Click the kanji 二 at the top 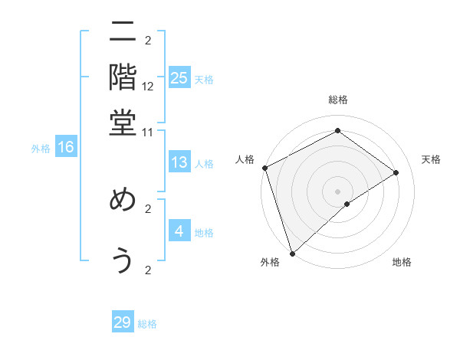[123, 33]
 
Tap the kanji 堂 [123, 123]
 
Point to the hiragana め [123, 201]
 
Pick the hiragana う [123, 260]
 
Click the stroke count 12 [148, 87]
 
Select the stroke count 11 [148, 132]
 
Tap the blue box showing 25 [179, 77]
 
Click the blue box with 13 [179, 162]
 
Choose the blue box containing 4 [179, 231]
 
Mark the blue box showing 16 [66, 147]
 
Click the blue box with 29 [123, 322]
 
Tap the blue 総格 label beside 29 [147, 324]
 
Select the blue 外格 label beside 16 [41, 149]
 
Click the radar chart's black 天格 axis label [431, 159]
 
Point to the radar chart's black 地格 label [402, 263]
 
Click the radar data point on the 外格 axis [292, 252]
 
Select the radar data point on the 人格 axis [264, 168]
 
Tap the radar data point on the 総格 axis [337, 131]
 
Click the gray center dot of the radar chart [337, 190]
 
